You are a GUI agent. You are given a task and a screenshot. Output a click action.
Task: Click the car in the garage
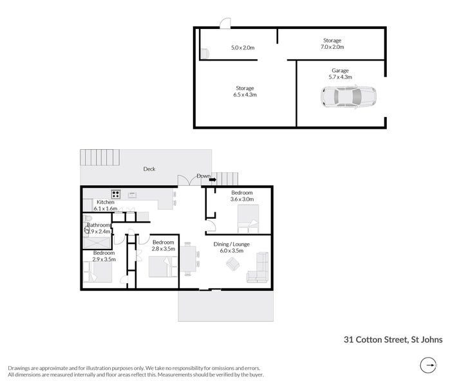[x=348, y=98]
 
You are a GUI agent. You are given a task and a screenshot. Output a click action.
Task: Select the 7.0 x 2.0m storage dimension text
[x=332, y=47]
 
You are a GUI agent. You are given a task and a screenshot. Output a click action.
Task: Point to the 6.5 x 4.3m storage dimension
[x=245, y=95]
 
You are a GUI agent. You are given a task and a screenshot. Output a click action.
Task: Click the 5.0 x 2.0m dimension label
[x=243, y=48]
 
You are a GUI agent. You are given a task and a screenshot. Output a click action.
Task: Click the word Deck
[x=149, y=169]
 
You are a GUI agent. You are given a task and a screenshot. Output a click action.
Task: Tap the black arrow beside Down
[x=213, y=181]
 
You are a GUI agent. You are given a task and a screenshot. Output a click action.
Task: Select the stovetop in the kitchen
[x=117, y=193]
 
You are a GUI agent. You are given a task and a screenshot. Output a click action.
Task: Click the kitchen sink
[x=132, y=194]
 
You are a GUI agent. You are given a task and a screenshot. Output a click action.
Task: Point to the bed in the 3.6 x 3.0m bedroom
[x=247, y=219]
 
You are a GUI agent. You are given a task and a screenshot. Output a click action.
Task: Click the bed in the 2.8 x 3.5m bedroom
[x=164, y=266]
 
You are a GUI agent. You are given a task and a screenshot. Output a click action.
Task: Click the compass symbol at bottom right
[x=427, y=367]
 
